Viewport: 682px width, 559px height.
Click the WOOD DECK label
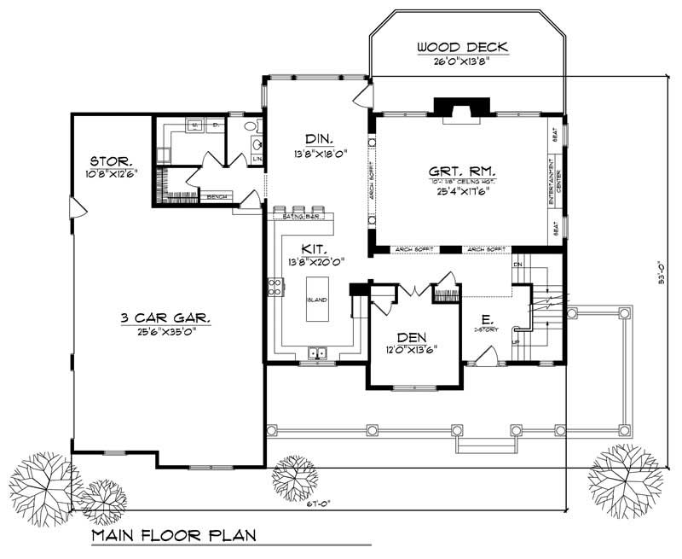[x=463, y=46]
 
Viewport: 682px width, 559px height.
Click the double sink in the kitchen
[x=319, y=352]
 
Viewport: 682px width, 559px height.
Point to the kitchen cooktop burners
[x=276, y=288]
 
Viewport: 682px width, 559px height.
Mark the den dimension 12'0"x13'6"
[x=413, y=348]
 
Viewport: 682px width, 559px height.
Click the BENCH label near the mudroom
[x=216, y=196]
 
